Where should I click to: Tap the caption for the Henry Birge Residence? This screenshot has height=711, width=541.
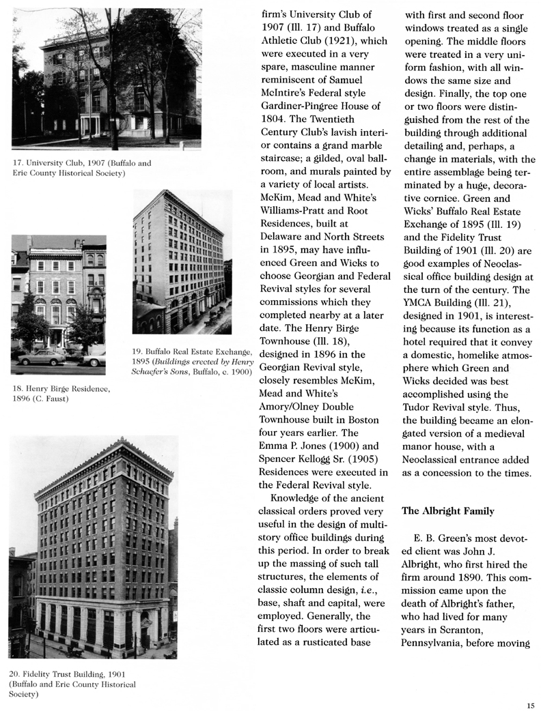coord(61,394)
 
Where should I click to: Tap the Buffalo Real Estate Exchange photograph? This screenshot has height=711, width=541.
coord(182,262)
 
